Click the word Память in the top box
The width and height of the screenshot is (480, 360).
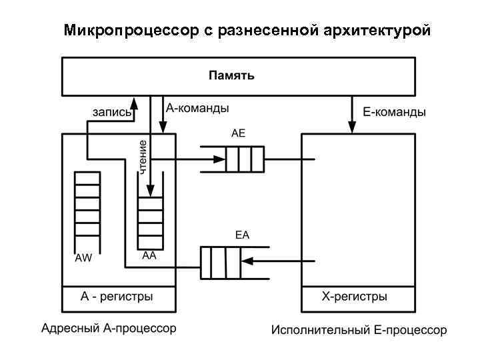coord(231,75)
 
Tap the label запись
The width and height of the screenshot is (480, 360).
coord(111,112)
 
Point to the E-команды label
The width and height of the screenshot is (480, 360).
coord(394,113)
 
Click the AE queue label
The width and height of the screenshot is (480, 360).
coord(238,133)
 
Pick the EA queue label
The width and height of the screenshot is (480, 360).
coord(241,235)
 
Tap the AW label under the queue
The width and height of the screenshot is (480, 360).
coord(83,259)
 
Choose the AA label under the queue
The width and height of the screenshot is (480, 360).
coord(149,256)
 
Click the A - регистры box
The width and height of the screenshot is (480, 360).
coord(119,296)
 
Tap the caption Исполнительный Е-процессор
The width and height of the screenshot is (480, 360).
coord(359,330)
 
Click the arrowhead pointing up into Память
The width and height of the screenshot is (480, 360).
coord(134,102)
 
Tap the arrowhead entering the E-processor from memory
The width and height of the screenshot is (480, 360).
coord(352,127)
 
